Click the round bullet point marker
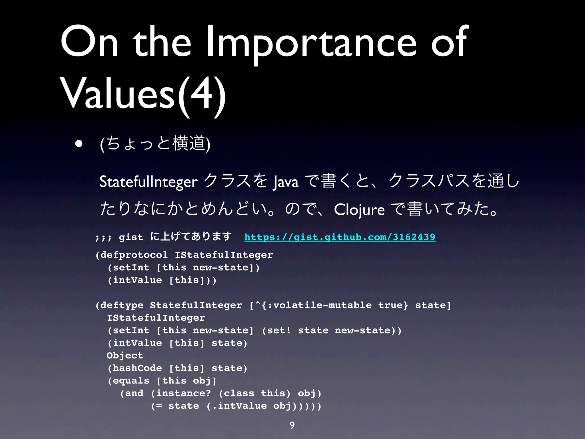coord(79,144)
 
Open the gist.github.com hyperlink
coord(340,237)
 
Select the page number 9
coord(292,425)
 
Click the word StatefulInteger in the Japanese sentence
coord(148,182)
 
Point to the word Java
coord(286,182)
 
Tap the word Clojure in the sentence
coord(359,209)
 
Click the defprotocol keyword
coord(134,255)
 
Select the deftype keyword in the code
coord(122,305)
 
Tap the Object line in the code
coord(125,355)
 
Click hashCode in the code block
coord(137,368)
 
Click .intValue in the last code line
coord(239,406)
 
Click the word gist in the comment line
coord(131,237)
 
